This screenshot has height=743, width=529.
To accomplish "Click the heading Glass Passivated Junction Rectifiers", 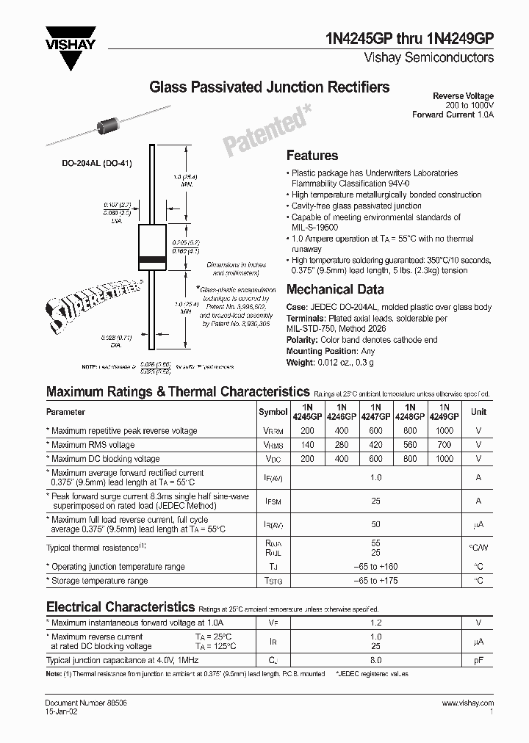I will click(270, 87).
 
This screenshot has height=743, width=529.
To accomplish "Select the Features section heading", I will click(312, 156).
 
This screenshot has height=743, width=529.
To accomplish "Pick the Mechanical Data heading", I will click(335, 289).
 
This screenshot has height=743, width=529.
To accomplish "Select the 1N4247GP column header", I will click(375, 411).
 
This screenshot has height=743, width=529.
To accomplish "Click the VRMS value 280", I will click(341, 444).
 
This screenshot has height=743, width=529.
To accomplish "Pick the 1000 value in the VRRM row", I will click(444, 430).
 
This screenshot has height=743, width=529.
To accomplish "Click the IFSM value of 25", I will click(375, 501).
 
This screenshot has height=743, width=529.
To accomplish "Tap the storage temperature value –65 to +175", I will click(375, 581).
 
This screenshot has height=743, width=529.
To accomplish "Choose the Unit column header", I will click(478, 412).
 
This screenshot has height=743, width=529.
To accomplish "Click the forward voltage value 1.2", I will click(375, 623).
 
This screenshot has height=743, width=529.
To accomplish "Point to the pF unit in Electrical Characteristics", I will click(478, 660).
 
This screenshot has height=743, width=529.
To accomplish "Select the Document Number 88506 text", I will click(76, 703).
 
